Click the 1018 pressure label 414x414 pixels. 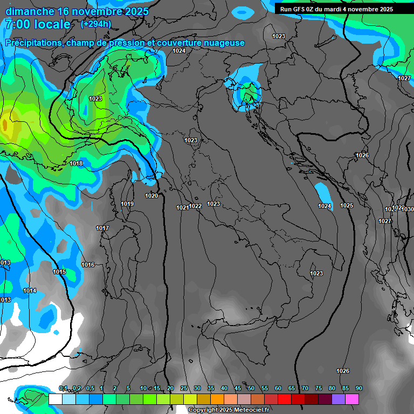click(76, 163)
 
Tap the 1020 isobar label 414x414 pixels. click(151, 196)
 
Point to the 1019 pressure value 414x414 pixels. click(127, 204)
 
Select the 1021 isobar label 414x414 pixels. click(182, 208)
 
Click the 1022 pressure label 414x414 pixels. click(195, 206)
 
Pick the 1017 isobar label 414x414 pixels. click(102, 228)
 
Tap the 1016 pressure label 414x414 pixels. click(88, 265)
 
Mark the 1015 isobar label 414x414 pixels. click(59, 272)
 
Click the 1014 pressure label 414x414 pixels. click(30, 291)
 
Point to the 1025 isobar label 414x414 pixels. click(347, 205)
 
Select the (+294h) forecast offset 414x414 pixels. click(96, 24)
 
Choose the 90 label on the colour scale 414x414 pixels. click(358, 388)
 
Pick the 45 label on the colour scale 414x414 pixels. click(238, 388)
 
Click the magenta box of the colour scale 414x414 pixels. click(351, 399)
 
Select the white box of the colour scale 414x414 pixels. click(55, 399)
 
